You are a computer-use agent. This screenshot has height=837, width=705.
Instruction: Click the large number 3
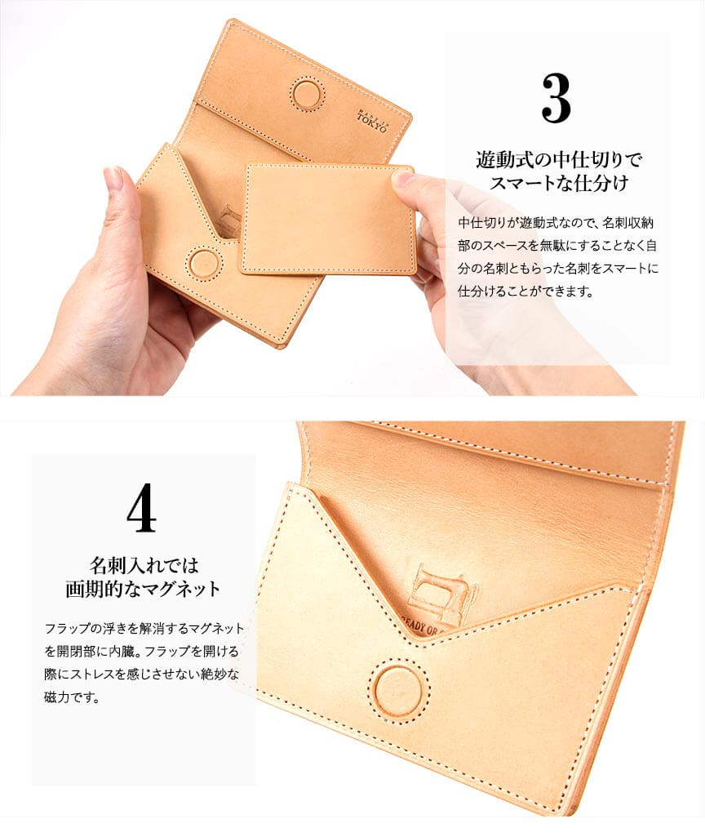point(556,99)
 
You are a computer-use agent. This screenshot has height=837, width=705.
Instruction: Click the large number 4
point(141,508)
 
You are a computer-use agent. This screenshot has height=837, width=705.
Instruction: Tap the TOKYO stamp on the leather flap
point(373,122)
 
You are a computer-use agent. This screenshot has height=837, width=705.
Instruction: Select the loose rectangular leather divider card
point(327,220)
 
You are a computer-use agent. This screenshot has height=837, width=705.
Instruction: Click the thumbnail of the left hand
point(113,178)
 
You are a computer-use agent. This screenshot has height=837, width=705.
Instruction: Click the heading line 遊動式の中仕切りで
point(559,159)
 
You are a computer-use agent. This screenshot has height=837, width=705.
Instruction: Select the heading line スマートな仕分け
point(559,183)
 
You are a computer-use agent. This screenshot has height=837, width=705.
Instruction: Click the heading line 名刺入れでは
point(144,564)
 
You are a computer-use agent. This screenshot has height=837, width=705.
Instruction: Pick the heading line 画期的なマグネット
point(143,588)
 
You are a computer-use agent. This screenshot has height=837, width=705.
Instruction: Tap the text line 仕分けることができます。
point(525,292)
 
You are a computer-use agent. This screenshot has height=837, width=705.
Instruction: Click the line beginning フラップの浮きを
point(144,628)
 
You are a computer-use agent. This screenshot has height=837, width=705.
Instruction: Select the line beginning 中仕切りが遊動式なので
point(556,223)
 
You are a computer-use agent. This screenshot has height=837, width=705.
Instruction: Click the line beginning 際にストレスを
point(142,674)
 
